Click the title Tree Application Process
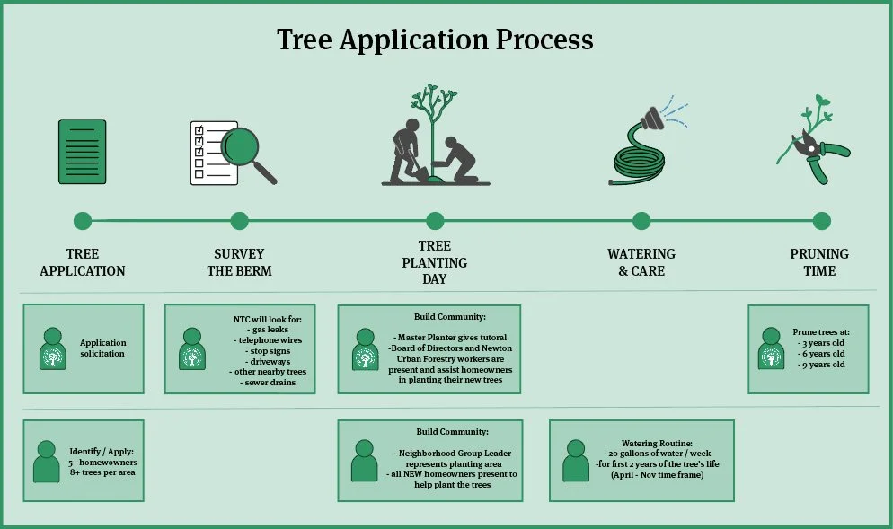(x=435, y=40)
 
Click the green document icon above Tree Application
(x=83, y=151)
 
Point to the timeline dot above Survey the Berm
(x=239, y=221)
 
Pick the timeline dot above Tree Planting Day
(x=436, y=221)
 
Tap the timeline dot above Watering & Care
(x=641, y=221)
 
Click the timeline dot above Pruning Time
(x=821, y=221)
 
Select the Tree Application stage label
(x=83, y=262)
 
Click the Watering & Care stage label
(x=641, y=262)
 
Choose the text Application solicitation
(x=103, y=348)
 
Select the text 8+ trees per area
(x=102, y=472)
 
